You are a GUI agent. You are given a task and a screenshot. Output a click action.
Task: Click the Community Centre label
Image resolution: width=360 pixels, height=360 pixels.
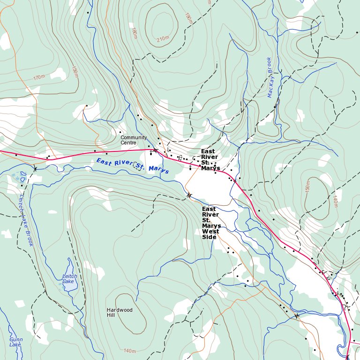click(x=134, y=140)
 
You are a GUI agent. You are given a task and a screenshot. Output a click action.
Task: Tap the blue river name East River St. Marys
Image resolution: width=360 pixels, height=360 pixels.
click(x=132, y=166)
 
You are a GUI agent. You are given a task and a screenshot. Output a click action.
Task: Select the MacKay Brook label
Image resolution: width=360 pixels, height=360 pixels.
click(x=270, y=77)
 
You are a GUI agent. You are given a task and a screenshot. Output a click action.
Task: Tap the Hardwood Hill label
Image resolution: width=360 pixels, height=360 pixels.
click(x=120, y=313)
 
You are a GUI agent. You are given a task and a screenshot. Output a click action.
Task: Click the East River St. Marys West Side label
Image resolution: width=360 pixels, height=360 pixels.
click(x=211, y=223)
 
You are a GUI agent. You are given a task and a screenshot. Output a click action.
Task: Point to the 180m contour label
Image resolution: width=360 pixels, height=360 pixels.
click(x=135, y=33)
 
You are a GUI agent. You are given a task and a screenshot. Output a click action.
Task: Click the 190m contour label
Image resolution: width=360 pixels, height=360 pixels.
click(x=188, y=19)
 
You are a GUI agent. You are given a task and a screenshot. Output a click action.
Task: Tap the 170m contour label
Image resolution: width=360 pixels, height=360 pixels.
click(x=39, y=77)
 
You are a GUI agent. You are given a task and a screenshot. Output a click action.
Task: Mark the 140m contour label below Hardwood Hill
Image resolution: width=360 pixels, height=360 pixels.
click(x=130, y=351)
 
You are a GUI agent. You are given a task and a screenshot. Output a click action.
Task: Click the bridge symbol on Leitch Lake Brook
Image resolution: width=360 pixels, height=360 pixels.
click(x=35, y=168)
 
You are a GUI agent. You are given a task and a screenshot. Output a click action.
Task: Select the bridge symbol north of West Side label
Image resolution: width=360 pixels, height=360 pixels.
click(x=189, y=195)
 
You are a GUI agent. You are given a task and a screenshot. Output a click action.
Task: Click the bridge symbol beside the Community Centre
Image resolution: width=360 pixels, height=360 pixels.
click(x=155, y=150)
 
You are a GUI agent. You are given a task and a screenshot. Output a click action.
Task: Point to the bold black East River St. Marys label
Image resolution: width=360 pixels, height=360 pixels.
click(x=210, y=159)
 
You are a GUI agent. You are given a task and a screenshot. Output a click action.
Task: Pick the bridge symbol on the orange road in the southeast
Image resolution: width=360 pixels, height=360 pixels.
click(x=297, y=315)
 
